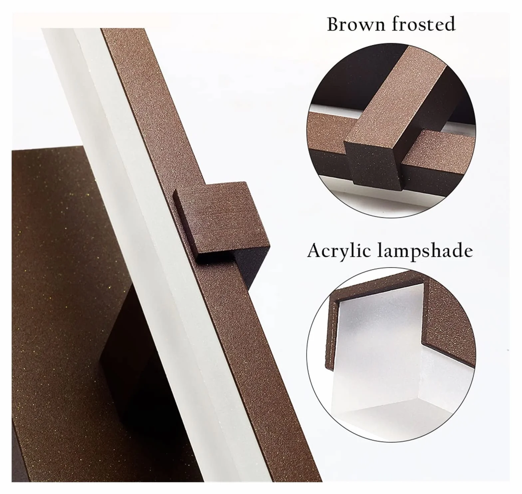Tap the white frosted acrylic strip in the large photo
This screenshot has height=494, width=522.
point(140,233)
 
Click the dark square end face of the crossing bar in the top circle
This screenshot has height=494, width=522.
point(371,165)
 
